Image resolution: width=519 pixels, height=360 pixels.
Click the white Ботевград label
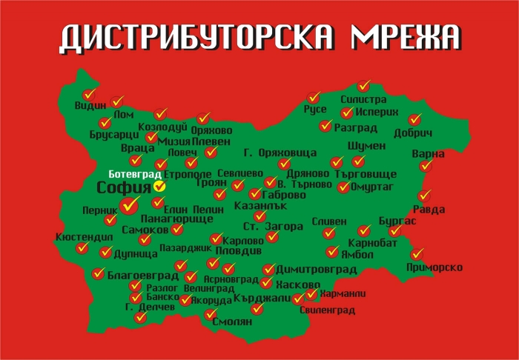[130, 174]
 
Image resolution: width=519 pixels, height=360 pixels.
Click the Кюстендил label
[84, 238]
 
